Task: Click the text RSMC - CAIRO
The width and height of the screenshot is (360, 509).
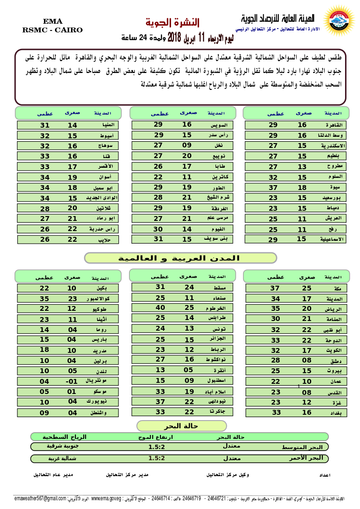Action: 52,30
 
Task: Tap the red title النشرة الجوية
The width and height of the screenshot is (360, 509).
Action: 172,22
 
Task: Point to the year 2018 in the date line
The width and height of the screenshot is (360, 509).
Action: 173,37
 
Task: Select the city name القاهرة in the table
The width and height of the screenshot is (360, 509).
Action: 334,125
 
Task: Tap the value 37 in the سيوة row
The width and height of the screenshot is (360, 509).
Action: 273,187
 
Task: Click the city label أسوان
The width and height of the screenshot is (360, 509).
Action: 105,177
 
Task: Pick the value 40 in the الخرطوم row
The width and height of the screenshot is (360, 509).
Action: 160,307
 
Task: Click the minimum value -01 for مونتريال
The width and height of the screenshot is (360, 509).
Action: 72,381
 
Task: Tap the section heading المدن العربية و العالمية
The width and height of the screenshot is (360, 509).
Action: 181,258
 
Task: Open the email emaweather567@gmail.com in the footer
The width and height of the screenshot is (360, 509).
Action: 41,498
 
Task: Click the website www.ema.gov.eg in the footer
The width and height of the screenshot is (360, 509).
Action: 106,498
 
